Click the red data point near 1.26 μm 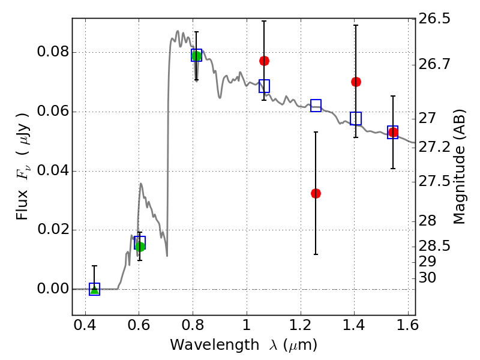click(316, 193)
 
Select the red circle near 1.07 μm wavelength click(264, 61)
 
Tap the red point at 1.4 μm click(356, 82)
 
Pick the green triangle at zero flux click(94, 289)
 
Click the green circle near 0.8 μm click(196, 56)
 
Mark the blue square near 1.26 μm click(316, 106)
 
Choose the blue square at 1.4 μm click(356, 118)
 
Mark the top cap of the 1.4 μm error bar click(356, 25)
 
